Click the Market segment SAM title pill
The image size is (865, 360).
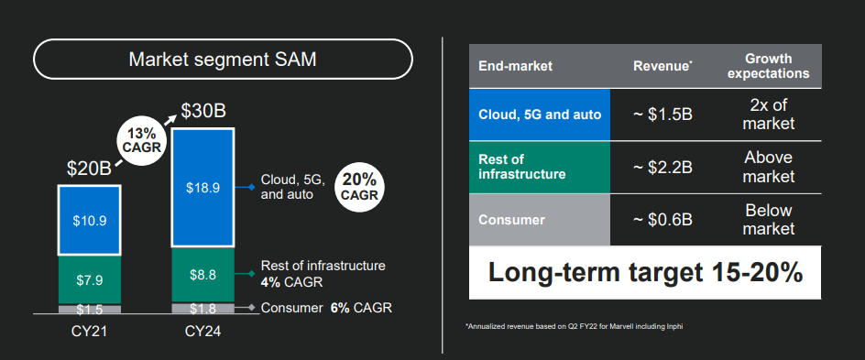coord(223,59)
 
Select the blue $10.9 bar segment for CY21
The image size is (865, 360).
coord(90,221)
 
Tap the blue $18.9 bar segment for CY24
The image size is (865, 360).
coord(203,188)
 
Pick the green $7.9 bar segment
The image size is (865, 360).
coord(90,280)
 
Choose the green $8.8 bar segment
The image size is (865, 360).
coord(203,275)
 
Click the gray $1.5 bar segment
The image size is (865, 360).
coord(90,310)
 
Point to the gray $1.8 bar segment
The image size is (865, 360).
coord(203,308)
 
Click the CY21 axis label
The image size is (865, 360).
coord(90,332)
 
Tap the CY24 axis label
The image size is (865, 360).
coord(203,332)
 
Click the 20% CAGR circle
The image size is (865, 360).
coord(359,187)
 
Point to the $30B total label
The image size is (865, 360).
coord(204,112)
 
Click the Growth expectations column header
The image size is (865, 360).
coord(769,66)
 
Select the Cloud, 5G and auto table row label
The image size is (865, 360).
coord(540,115)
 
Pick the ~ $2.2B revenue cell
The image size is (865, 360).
coord(662,167)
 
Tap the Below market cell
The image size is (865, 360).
coord(769,220)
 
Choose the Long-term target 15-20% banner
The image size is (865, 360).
coord(645,273)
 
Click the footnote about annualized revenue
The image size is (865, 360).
coord(575,327)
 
